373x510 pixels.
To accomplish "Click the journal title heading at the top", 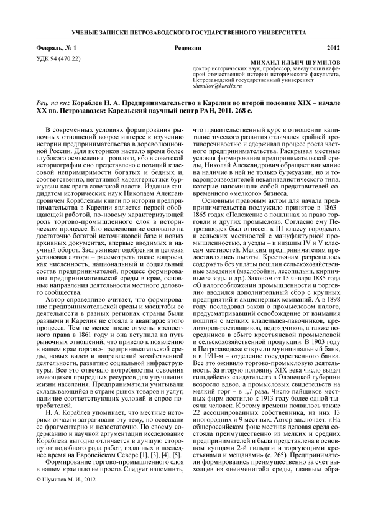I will (186, 30).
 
